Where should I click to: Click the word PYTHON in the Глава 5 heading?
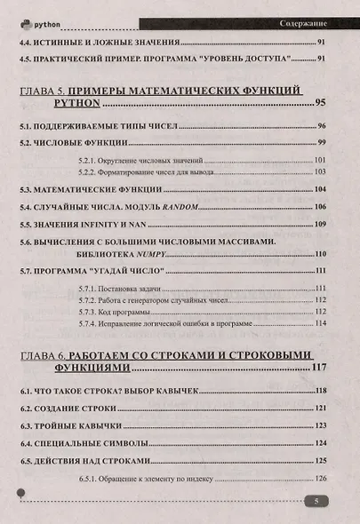pyautogui.click(x=47, y=104)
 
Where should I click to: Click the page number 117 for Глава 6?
pyautogui.click(x=318, y=367)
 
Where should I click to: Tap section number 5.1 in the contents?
pyautogui.click(x=28, y=126)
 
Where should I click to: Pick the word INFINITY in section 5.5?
pyautogui.click(x=108, y=223)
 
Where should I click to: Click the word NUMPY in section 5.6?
pyautogui.click(x=107, y=254)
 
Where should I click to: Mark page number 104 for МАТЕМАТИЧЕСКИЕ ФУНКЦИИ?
pyautogui.click(x=321, y=189)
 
